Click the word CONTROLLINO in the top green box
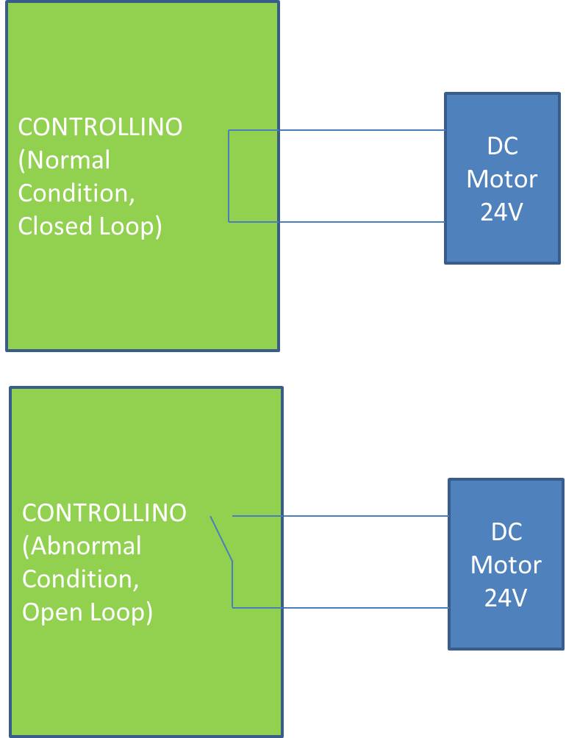tap(100, 127)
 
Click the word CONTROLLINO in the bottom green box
tap(104, 512)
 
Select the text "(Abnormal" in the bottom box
tap(82, 546)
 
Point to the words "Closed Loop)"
tap(90, 226)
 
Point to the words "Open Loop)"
tap(87, 612)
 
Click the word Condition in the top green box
tap(76, 193)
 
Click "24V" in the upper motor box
tap(503, 212)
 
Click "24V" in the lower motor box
tap(506, 598)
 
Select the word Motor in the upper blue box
tap(503, 179)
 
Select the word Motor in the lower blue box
tap(506, 565)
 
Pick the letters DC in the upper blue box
tap(503, 146)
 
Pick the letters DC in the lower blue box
tap(506, 531)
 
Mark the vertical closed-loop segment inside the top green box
tap(229, 176)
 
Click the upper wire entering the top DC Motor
tap(368, 131)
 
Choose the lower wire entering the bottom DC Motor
tap(368, 607)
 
